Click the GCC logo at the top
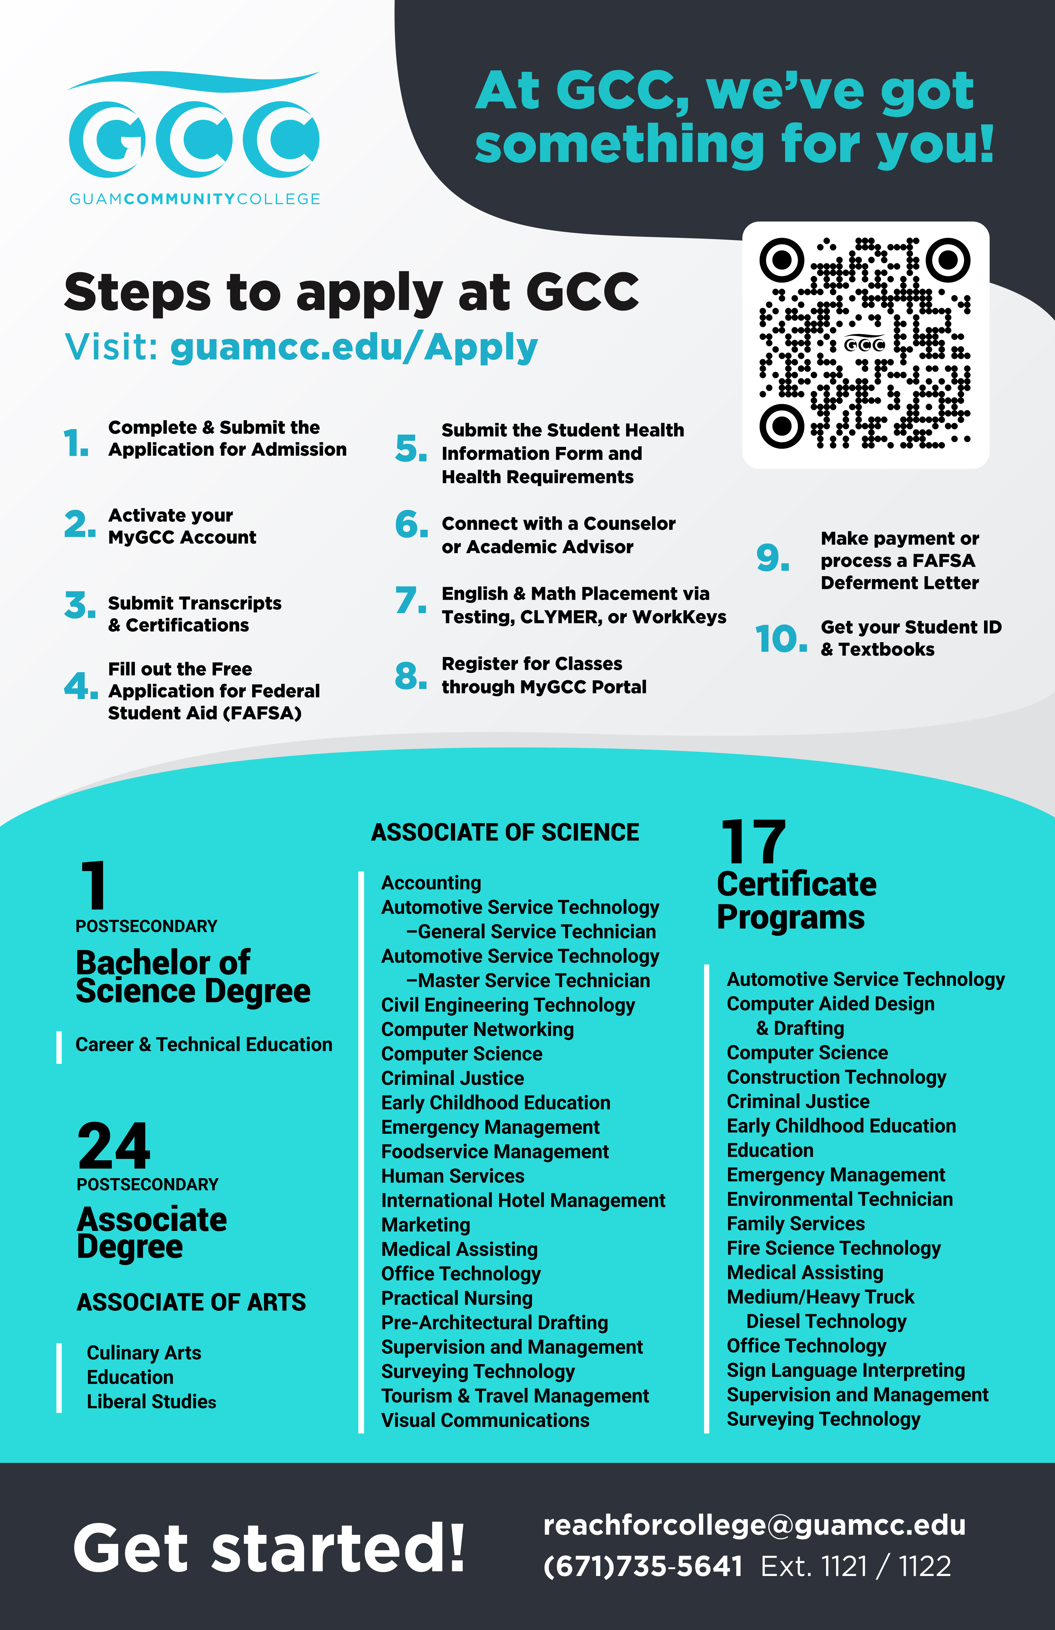tap(194, 137)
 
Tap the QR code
tap(865, 344)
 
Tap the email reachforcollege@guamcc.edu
tap(754, 1525)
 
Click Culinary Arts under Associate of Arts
tap(144, 1353)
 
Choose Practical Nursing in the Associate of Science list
tap(457, 1298)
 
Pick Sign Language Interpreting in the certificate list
tap(845, 1370)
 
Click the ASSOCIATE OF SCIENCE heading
tap(505, 832)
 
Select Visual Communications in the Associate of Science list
tap(485, 1420)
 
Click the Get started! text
tap(269, 1549)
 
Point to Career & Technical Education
tap(204, 1044)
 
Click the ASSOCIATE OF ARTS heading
tap(191, 1302)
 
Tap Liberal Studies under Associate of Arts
tap(151, 1401)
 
